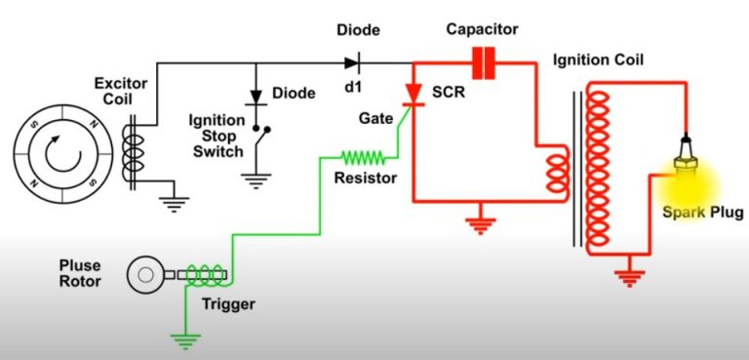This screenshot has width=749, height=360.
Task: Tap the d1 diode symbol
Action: point(350,64)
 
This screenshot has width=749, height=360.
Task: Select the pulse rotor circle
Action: point(145,275)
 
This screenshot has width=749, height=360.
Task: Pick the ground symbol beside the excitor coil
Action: point(177,203)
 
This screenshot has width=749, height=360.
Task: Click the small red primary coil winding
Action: point(557,172)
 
